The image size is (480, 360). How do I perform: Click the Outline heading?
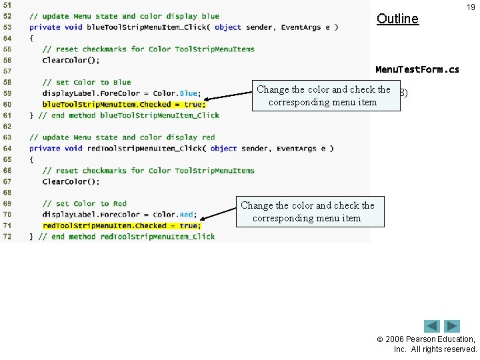click(397, 19)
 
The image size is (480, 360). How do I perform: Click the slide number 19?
click(471, 7)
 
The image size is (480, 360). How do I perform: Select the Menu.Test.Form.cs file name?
click(417, 69)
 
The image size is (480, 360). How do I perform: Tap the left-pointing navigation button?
click(432, 326)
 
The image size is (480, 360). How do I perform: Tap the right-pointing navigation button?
click(453, 326)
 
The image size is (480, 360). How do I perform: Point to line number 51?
click(7, 5)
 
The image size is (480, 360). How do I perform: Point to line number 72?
click(7, 237)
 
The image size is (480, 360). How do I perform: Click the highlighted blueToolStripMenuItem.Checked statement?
click(124, 105)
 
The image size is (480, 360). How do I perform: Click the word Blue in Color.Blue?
click(189, 94)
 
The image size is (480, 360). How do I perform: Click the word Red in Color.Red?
click(186, 215)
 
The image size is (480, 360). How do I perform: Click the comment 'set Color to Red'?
click(84, 204)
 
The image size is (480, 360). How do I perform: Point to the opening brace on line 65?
click(31, 160)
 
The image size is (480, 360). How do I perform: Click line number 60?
click(7, 105)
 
